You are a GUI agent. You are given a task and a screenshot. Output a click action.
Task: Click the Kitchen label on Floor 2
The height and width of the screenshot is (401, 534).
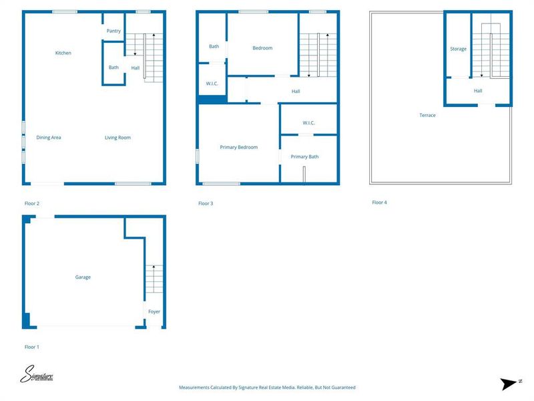point(63,53)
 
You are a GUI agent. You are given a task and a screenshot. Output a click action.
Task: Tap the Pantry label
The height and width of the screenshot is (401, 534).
point(113,31)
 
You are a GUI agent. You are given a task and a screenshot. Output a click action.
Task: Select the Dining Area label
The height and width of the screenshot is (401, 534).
point(49,138)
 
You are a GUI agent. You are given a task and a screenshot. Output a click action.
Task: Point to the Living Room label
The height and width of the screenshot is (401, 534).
point(117,138)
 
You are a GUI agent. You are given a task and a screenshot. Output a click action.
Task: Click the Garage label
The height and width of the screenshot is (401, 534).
point(83,277)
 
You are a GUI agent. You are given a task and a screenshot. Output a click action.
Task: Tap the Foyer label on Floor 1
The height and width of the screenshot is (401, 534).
point(154,311)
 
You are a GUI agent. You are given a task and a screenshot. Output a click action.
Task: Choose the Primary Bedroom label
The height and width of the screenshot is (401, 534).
point(238,147)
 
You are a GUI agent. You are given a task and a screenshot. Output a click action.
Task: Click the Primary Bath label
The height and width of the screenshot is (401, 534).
point(304,156)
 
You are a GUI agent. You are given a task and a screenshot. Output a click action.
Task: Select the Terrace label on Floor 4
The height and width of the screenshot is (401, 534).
point(427,116)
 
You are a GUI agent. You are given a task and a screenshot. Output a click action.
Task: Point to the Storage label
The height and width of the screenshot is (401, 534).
point(458,49)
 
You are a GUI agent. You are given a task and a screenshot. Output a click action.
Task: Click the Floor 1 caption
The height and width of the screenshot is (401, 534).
point(32,347)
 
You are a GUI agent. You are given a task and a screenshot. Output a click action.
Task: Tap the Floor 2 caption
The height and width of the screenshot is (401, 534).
point(32,203)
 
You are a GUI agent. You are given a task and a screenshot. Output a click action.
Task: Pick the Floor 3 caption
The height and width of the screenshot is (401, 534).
point(206,203)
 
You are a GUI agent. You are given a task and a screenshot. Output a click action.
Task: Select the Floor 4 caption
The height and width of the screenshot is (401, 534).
point(379,203)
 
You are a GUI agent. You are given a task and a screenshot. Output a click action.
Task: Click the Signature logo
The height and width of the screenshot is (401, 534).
point(37,374)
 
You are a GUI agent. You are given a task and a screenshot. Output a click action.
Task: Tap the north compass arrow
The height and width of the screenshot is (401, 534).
point(509,383)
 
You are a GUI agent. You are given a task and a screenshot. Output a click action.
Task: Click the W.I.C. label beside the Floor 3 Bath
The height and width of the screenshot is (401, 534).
point(212,84)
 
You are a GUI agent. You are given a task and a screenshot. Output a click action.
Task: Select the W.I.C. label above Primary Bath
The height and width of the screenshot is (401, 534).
point(308,123)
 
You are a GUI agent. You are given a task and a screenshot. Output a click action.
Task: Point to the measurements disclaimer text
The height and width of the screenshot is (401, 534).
point(267,388)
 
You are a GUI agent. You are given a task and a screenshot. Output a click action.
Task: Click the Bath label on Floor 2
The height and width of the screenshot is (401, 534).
point(113,68)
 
